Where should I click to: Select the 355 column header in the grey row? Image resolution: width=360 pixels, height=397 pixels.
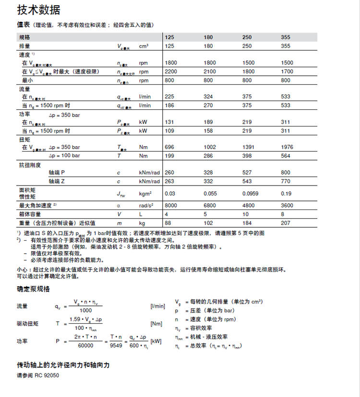pyautogui.click(x=286, y=37)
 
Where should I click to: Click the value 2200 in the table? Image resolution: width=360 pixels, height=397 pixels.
pyautogui.click(x=171, y=71)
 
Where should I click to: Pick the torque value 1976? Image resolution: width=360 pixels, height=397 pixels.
pyautogui.click(x=287, y=147)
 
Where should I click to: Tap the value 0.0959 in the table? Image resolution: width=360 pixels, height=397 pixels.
pyautogui.click(x=250, y=193)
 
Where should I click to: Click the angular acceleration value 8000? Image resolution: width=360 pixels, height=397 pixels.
pyautogui.click(x=171, y=205)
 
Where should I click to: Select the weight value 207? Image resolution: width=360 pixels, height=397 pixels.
pyautogui.click(x=286, y=223)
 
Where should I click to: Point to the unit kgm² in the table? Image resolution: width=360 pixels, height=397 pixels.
pyautogui.click(x=145, y=193)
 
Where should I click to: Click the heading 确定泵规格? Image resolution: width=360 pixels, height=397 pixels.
pyautogui.click(x=33, y=289)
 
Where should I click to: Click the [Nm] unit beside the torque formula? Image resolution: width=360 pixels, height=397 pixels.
pyautogui.click(x=156, y=324)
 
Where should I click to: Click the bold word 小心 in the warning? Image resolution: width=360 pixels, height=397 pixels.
pyautogui.click(x=23, y=269)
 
